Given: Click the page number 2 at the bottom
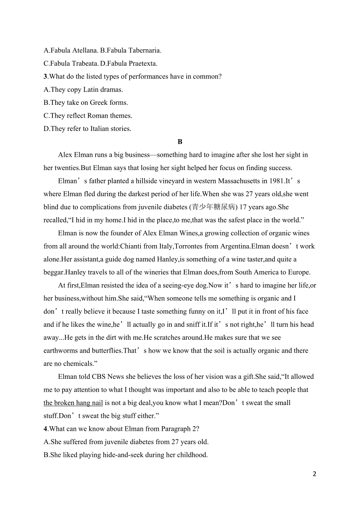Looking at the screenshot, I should (315, 474).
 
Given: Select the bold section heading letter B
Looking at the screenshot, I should (180, 142).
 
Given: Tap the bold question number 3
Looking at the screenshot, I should (45, 77).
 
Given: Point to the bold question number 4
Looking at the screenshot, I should (45, 429).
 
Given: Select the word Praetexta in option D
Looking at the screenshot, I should (142, 63).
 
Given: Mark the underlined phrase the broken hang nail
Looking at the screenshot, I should (73, 403).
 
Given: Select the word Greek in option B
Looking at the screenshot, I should (99, 103).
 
